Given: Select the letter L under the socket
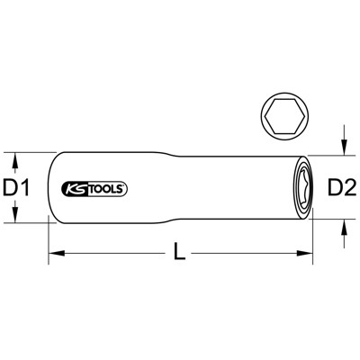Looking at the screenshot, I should click(180, 256).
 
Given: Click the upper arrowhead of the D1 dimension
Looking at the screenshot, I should click(16, 159).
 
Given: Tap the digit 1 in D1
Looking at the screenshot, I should click(27, 188).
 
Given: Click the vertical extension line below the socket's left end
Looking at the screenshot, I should click(49, 238).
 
